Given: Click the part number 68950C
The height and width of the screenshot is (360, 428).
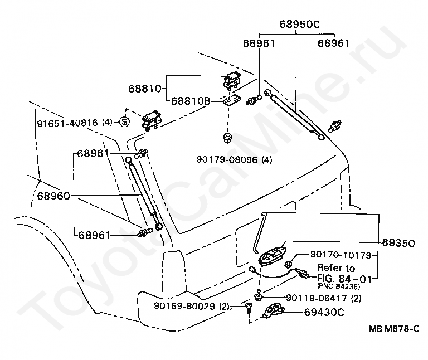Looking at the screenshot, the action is click(x=299, y=25).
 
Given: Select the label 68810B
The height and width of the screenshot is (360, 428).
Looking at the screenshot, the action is click(x=191, y=101).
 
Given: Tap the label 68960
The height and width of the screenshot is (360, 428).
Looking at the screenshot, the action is click(x=53, y=196).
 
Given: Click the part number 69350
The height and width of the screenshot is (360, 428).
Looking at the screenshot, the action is click(x=398, y=242).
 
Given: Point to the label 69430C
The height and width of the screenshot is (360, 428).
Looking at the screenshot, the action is click(x=324, y=312).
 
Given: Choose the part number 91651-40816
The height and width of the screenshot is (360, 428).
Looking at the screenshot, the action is click(x=67, y=123).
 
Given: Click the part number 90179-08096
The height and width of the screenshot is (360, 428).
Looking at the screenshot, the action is click(x=227, y=159).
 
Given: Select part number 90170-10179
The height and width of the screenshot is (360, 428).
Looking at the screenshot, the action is click(x=341, y=255).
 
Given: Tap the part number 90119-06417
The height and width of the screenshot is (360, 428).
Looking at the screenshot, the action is click(x=317, y=298).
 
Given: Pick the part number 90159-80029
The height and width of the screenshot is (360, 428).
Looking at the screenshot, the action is click(x=184, y=306).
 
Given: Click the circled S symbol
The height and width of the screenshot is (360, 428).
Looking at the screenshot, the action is click(x=124, y=122).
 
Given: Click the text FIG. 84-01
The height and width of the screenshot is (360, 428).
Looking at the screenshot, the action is click(x=344, y=279).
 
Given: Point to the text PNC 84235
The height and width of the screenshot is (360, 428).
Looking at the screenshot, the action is click(x=338, y=286).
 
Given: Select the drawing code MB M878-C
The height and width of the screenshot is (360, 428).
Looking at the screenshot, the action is click(x=394, y=329).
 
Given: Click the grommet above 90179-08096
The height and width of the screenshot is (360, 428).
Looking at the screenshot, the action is click(x=227, y=138).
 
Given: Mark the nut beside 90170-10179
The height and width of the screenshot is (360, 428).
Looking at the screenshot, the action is click(x=289, y=264).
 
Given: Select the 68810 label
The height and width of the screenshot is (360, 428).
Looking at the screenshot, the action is click(x=145, y=89).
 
